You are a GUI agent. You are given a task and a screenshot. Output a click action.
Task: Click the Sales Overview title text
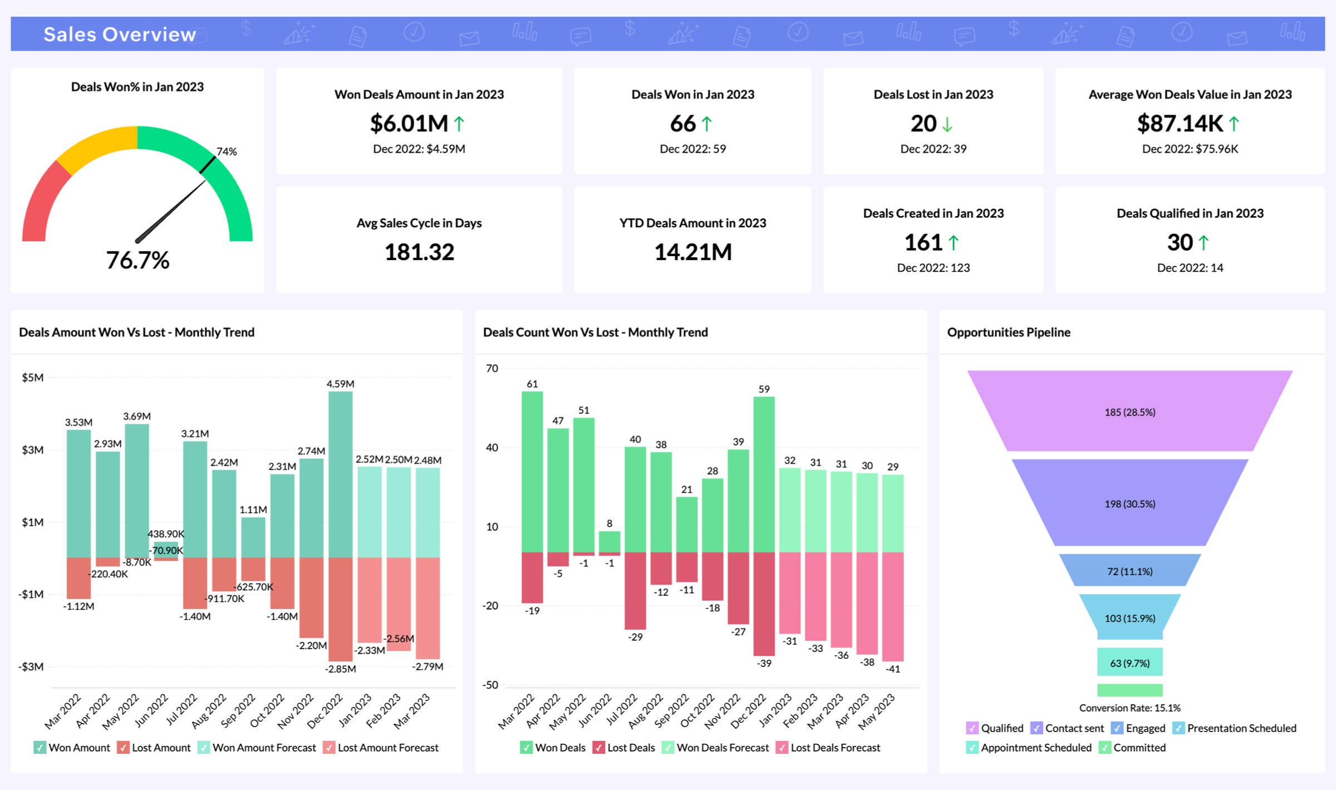click(120, 35)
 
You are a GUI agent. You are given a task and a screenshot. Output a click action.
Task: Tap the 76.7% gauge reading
click(137, 260)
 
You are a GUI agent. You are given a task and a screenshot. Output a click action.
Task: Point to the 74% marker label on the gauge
click(227, 151)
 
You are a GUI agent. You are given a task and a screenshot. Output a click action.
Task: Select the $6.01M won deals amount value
click(409, 123)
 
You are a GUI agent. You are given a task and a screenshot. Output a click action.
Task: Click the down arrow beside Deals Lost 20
click(947, 124)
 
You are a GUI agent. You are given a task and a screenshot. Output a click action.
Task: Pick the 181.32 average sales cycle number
click(419, 252)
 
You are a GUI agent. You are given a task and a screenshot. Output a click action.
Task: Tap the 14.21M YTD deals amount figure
click(692, 252)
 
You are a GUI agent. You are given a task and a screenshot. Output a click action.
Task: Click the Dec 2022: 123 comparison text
click(933, 268)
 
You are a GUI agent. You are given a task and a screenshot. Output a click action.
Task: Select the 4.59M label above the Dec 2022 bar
click(340, 384)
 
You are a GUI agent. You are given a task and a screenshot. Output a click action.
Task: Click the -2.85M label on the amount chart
click(340, 669)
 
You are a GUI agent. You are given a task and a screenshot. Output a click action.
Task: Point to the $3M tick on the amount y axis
click(32, 450)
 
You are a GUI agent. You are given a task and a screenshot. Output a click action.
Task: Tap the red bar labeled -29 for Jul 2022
click(635, 590)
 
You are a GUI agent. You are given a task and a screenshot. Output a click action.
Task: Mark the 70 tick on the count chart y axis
click(492, 369)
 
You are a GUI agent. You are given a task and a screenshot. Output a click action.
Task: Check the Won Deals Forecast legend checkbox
click(667, 748)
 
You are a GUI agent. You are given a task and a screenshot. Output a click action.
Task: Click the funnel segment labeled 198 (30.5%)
click(1129, 504)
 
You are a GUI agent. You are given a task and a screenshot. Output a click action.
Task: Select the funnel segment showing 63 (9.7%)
click(1129, 663)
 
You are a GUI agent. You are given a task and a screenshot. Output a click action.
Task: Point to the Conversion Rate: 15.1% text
click(1129, 708)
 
